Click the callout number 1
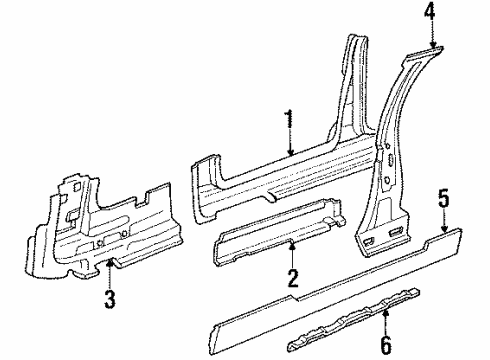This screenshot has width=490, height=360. coord(289,123)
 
